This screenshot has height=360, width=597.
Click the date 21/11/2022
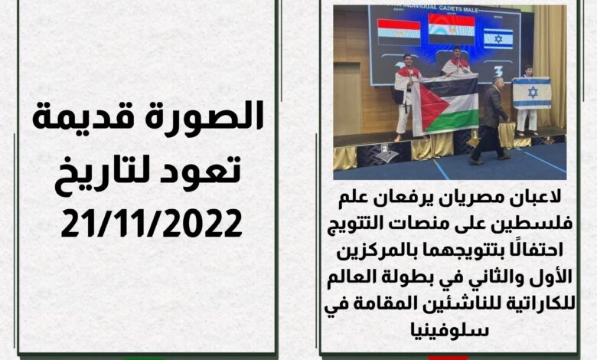[152, 222]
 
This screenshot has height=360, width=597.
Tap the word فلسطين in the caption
[542, 224]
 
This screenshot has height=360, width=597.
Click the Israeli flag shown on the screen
[498, 38]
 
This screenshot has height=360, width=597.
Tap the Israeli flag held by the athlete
[531, 93]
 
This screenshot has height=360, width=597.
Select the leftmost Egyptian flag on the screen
[399, 33]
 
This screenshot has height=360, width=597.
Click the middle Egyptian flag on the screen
[452, 29]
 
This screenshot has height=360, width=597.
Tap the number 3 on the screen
[499, 70]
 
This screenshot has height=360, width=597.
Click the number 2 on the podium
[385, 148]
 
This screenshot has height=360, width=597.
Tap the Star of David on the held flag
[533, 92]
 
